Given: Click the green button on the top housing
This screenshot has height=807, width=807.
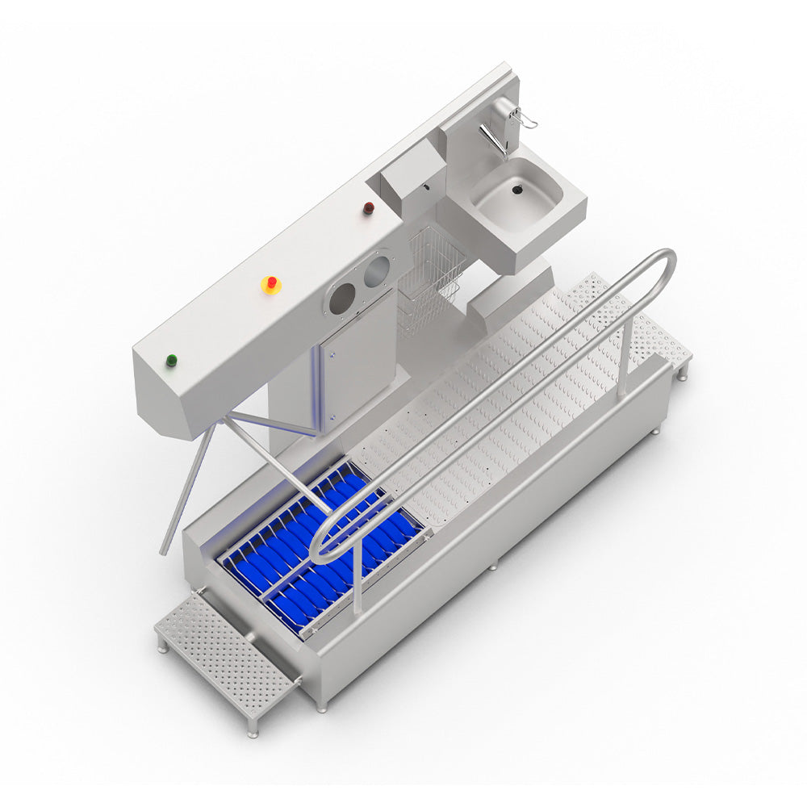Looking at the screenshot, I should (171, 361).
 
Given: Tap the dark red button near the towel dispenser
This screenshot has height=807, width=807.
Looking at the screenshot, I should (368, 208).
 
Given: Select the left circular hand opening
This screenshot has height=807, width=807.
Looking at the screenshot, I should (342, 299).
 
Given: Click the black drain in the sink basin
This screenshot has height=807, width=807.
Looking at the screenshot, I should (517, 190).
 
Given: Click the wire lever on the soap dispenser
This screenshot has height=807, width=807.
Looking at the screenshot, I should (529, 119).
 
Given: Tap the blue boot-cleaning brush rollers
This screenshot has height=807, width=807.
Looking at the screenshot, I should (323, 549).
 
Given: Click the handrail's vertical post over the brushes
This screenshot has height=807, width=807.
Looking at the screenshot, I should (356, 581).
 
